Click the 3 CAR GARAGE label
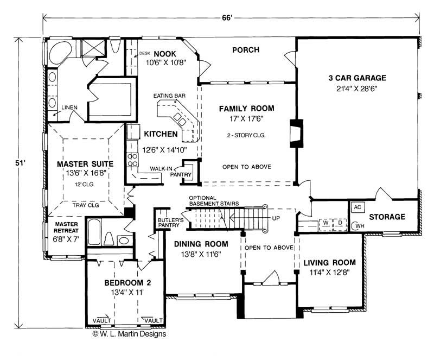pos(357,78)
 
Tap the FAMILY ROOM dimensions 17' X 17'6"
pos(246,119)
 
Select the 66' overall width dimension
pos(227,18)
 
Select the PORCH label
pos(245,50)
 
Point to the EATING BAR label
pos(169,96)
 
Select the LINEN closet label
pos(68,107)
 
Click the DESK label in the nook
pos(144,53)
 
